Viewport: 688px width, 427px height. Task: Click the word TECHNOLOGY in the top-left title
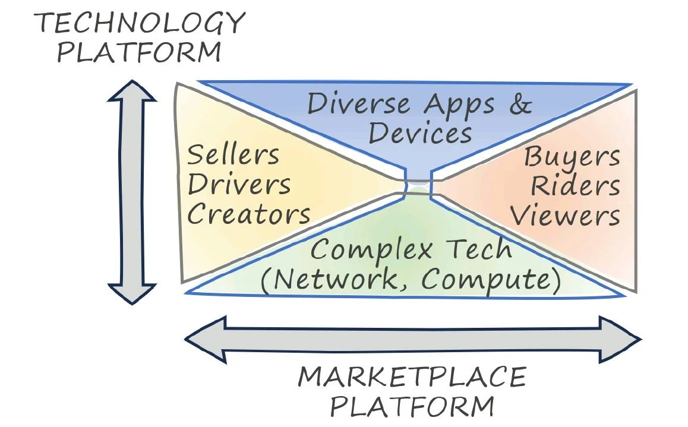click(x=140, y=23)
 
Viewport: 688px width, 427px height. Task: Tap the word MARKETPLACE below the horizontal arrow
click(x=412, y=378)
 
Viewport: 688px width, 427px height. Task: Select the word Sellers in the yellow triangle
click(x=233, y=154)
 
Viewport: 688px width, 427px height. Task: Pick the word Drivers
click(x=239, y=185)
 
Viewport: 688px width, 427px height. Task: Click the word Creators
click(x=249, y=214)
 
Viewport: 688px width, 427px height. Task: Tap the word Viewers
click(x=565, y=215)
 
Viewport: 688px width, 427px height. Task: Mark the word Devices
click(x=421, y=132)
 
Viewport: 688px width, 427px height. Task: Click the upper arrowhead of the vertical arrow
click(x=132, y=91)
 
